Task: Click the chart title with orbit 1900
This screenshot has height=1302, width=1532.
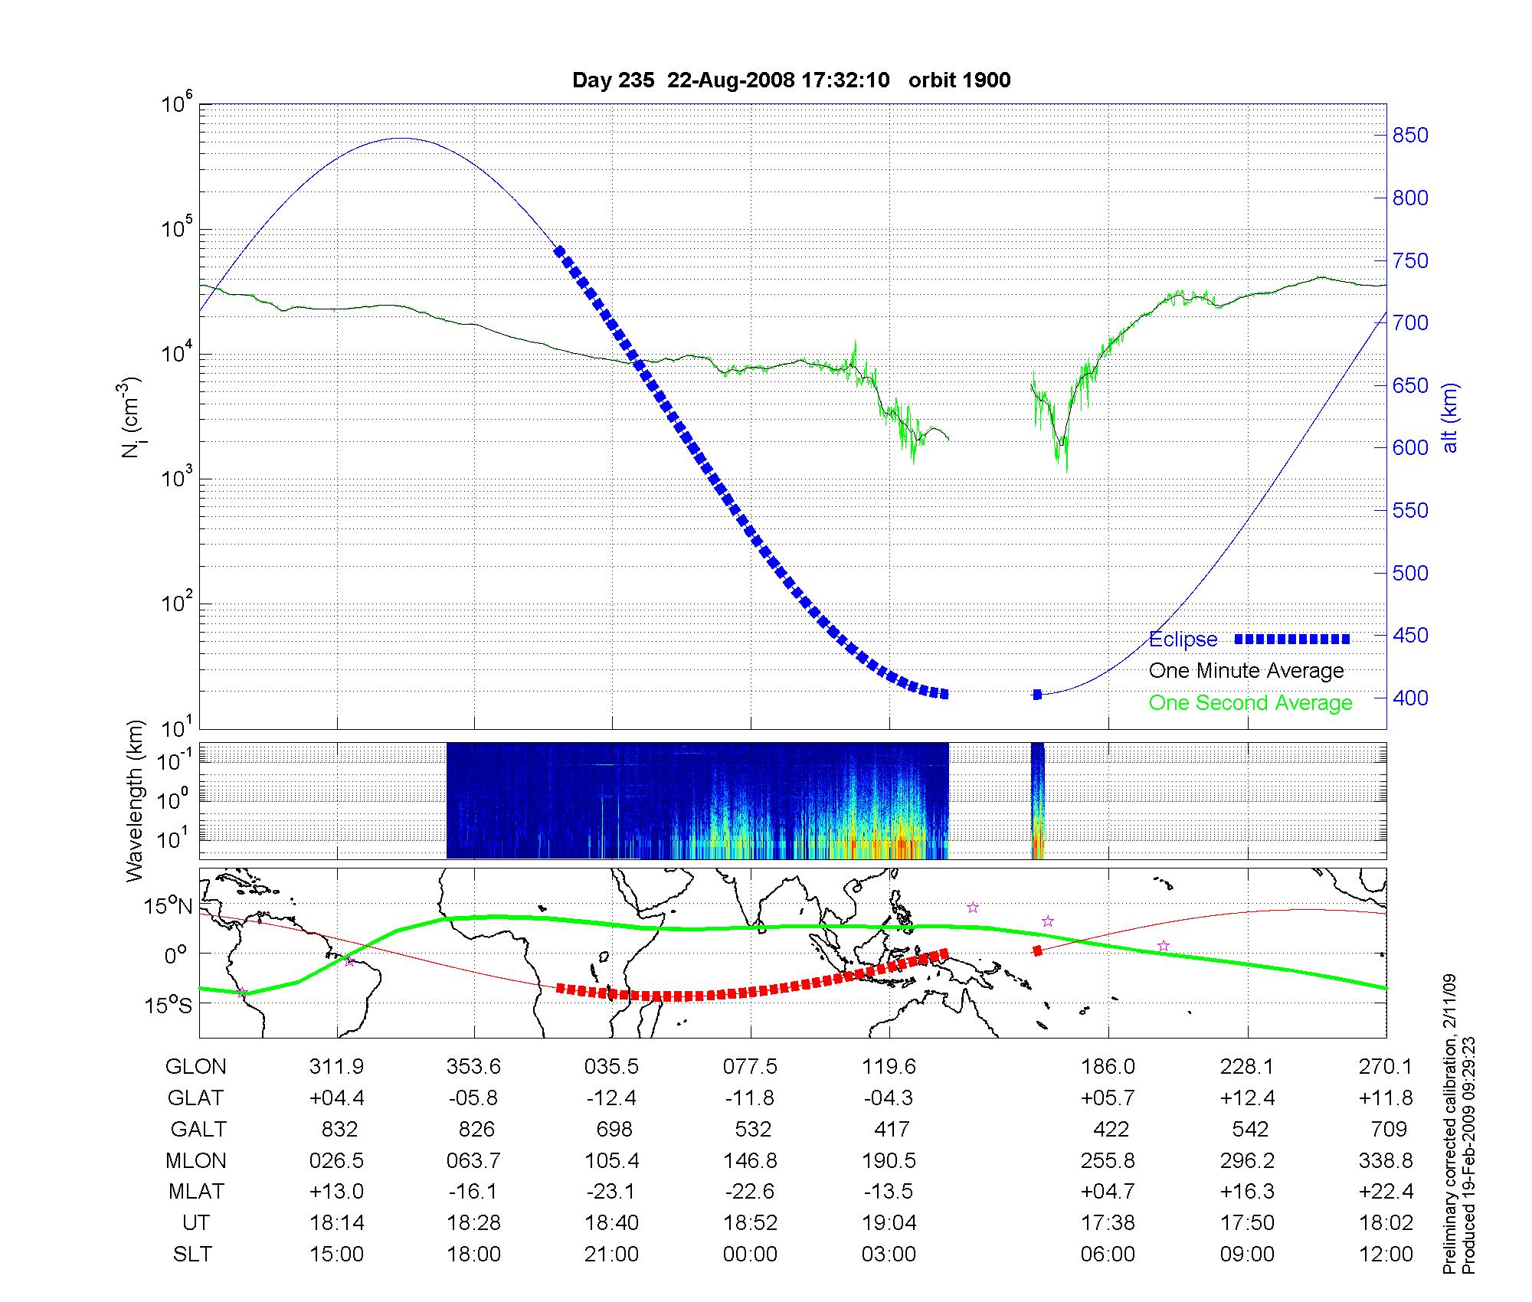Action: click(x=791, y=80)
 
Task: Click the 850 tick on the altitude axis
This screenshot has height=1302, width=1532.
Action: click(x=1409, y=136)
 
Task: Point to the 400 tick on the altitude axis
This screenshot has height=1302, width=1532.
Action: click(x=1409, y=698)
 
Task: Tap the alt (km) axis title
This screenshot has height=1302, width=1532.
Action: click(x=1450, y=417)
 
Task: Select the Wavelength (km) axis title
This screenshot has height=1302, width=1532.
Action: click(x=135, y=800)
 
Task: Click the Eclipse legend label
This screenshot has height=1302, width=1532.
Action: click(x=1183, y=640)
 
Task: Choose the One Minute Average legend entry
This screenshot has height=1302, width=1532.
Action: click(x=1246, y=671)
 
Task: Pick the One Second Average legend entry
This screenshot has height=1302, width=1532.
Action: click(x=1250, y=703)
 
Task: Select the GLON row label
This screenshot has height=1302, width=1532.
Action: click(x=196, y=1067)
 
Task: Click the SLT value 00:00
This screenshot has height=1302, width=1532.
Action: click(x=750, y=1254)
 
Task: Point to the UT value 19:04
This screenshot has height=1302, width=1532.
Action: click(x=889, y=1222)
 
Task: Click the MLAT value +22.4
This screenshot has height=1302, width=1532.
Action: click(x=1386, y=1191)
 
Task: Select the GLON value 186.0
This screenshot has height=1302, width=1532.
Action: click(x=1108, y=1067)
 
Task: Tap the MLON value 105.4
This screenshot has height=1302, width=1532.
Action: click(x=611, y=1160)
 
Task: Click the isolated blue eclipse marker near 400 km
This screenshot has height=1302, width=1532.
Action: click(x=1037, y=695)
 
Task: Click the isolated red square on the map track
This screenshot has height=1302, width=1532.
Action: click(x=1037, y=950)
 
